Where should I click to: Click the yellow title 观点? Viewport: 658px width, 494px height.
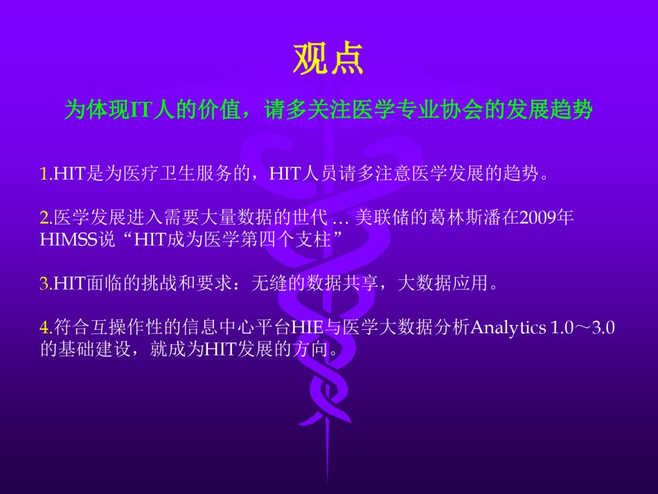click(328, 59)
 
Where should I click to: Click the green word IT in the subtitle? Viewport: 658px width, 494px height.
click(141, 110)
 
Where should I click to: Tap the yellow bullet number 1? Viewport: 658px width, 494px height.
click(44, 174)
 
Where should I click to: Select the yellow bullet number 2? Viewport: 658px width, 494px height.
click(44, 218)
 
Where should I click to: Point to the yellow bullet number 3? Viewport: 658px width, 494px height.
click(44, 283)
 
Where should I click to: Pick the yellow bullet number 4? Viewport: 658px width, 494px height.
click(44, 328)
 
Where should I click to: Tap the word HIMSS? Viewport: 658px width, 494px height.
click(68, 239)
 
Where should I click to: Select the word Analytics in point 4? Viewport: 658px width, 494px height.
click(508, 328)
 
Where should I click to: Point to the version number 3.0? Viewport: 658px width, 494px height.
click(603, 328)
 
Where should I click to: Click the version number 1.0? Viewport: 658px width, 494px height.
click(562, 328)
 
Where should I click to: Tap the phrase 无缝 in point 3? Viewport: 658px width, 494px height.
click(269, 283)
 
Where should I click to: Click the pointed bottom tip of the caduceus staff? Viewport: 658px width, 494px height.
click(328, 481)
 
